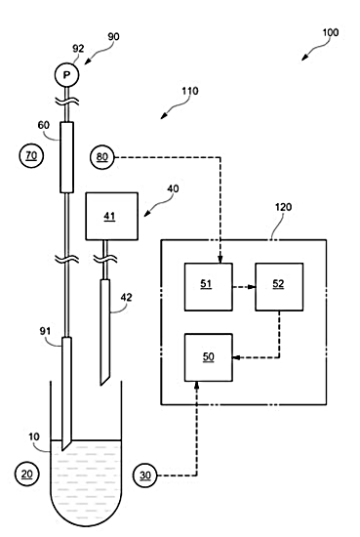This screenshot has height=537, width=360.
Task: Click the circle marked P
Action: pyautogui.click(x=66, y=74)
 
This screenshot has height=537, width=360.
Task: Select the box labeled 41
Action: pyautogui.click(x=111, y=216)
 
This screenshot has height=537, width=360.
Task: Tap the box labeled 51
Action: pyautogui.click(x=209, y=287)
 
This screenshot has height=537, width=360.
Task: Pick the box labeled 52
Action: pyautogui.click(x=279, y=287)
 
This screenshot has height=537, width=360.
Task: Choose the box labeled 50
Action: pyautogui.click(x=209, y=357)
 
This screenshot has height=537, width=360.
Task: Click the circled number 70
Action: pyautogui.click(x=31, y=156)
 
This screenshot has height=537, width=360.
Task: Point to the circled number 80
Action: pyautogui.click(x=102, y=157)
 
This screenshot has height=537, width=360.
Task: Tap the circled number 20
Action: pyautogui.click(x=27, y=475)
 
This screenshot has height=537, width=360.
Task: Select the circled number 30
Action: pyautogui.click(x=144, y=475)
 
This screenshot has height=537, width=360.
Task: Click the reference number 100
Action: pyautogui.click(x=330, y=32)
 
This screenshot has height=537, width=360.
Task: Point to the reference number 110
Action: pyautogui.click(x=189, y=91)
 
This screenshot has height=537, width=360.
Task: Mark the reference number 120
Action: pyautogui.click(x=283, y=207)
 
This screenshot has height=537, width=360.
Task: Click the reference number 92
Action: pyautogui.click(x=78, y=49)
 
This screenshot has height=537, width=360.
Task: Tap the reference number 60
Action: pyautogui.click(x=44, y=125)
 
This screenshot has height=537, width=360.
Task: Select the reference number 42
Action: pyautogui.click(x=126, y=297)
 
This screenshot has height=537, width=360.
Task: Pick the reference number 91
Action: pyautogui.click(x=45, y=331)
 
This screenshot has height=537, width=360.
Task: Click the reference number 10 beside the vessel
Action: pyautogui.click(x=34, y=437)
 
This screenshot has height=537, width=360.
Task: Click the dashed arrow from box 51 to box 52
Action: pyautogui.click(x=244, y=287)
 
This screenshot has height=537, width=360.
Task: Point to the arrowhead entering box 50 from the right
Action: pyautogui.click(x=236, y=358)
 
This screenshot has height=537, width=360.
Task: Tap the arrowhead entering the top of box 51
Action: pyautogui.click(x=220, y=260)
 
